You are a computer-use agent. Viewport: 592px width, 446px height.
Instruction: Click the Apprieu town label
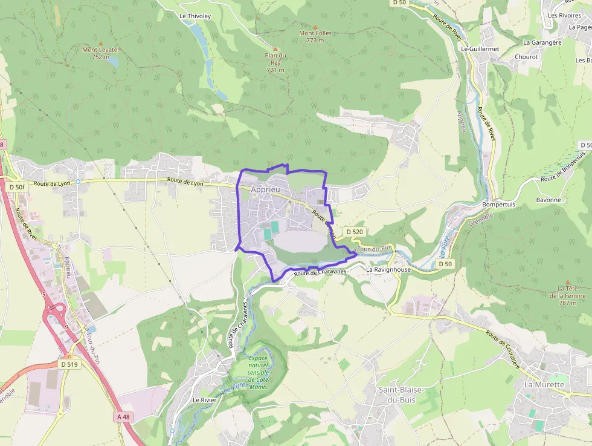pyautogui.click(x=266, y=189)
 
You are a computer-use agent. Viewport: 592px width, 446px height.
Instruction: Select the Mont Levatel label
pyautogui.click(x=100, y=50)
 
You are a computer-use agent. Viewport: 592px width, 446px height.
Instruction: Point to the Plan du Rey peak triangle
pyautogui.click(x=276, y=48)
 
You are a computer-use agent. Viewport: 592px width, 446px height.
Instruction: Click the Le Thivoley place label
pyautogui.click(x=195, y=16)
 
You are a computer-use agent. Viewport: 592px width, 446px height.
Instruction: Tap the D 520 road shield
pyautogui.click(x=355, y=232)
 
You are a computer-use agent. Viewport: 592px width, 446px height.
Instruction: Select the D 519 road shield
pyautogui.click(x=69, y=364)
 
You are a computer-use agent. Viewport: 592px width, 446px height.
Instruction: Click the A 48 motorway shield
pyautogui.click(x=123, y=416)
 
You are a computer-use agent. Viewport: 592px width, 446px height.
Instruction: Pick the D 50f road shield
pyautogui.click(x=17, y=188)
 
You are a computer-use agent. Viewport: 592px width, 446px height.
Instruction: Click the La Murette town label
pyautogui.click(x=544, y=384)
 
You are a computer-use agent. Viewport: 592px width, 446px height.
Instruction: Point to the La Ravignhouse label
pyautogui.click(x=388, y=269)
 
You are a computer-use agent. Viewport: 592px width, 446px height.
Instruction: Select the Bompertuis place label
pyautogui.click(x=498, y=205)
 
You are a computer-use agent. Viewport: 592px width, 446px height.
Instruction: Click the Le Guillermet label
pyautogui.click(x=480, y=48)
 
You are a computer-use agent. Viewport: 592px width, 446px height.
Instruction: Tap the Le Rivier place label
pyautogui.click(x=204, y=400)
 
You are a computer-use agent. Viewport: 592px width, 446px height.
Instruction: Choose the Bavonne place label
pyautogui.click(x=549, y=200)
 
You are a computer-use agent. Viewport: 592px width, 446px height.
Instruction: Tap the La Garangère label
pyautogui.click(x=542, y=42)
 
